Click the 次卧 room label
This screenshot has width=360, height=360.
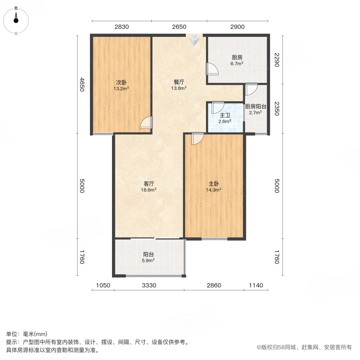122,82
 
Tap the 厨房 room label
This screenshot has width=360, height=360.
237,57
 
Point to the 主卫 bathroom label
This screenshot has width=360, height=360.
224,115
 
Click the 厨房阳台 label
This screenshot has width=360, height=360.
256,106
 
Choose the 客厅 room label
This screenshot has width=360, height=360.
149,184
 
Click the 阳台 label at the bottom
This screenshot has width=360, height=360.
149,254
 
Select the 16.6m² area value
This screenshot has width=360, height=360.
149,190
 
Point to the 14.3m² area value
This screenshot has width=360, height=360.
214,190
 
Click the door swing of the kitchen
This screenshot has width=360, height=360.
212,69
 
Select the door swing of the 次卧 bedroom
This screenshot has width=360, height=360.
146,122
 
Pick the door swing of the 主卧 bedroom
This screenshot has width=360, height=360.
198,138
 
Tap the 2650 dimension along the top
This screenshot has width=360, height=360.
179,27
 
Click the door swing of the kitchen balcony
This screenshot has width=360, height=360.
252,89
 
